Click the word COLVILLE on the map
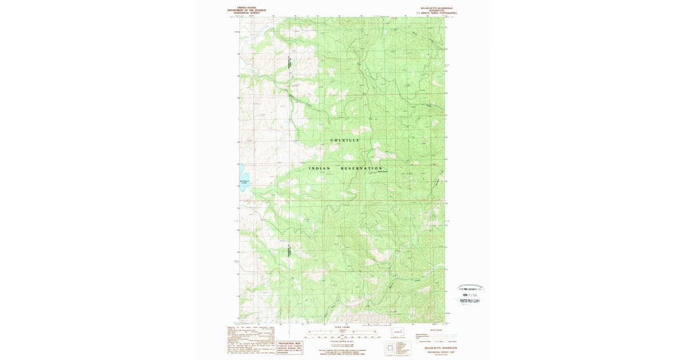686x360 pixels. (345, 140)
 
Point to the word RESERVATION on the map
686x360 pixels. (361, 168)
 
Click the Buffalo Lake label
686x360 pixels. (244, 182)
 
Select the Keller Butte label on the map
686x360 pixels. (382, 171)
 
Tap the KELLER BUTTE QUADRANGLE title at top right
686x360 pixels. (433, 8)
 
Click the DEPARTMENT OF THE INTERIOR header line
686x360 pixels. (246, 10)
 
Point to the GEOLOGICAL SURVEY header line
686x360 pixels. (246, 13)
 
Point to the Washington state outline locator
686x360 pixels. (398, 331)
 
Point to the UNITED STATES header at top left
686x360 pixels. (246, 8)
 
